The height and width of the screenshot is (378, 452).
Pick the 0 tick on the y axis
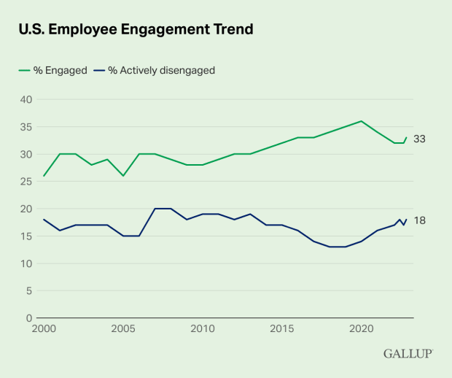tap(28, 318)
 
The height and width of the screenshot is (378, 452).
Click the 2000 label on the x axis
tap(44, 328)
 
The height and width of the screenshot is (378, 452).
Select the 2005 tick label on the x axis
tap(123, 328)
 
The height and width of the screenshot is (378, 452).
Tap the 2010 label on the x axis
tap(203, 328)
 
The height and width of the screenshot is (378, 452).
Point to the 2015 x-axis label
tap(282, 328)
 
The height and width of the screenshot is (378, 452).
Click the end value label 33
tap(419, 139)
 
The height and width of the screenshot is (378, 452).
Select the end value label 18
tap(419, 220)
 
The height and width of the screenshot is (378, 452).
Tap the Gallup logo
tap(408, 354)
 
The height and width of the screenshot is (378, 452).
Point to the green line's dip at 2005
tap(123, 176)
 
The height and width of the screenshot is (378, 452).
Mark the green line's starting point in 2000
tap(44, 176)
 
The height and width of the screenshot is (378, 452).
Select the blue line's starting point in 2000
tap(44, 220)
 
